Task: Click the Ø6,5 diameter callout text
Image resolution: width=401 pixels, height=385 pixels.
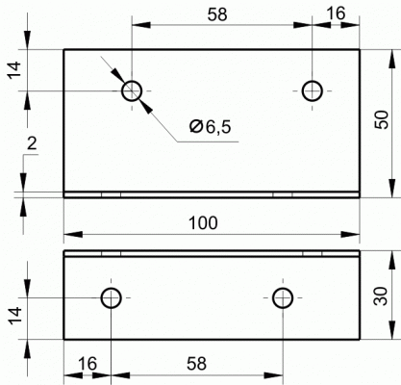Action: click(x=210, y=127)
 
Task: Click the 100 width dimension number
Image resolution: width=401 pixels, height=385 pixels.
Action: click(x=203, y=223)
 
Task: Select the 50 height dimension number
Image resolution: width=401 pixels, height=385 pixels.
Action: click(x=382, y=119)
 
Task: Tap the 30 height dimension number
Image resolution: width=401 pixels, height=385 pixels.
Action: click(x=381, y=295)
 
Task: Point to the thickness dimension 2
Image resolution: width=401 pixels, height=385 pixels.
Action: click(x=32, y=144)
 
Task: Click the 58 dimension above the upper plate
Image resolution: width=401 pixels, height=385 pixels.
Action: click(x=217, y=14)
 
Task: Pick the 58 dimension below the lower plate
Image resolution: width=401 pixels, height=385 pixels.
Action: click(x=196, y=364)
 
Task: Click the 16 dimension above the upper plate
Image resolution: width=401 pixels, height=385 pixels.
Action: click(x=336, y=13)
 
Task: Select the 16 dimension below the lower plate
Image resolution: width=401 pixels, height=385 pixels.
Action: click(x=87, y=364)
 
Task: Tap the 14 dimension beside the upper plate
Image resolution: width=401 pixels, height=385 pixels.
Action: click(x=14, y=69)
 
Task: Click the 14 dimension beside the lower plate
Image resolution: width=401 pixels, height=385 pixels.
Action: click(x=14, y=316)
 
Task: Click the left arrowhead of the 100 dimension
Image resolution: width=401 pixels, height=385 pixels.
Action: click(x=73, y=235)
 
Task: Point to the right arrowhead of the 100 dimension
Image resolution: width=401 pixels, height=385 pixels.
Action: click(x=350, y=235)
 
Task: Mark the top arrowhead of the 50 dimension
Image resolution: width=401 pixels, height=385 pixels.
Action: click(x=391, y=59)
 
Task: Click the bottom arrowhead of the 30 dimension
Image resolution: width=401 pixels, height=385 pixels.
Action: click(x=391, y=329)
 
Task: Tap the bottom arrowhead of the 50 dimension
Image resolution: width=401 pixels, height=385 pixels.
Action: click(x=391, y=188)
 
